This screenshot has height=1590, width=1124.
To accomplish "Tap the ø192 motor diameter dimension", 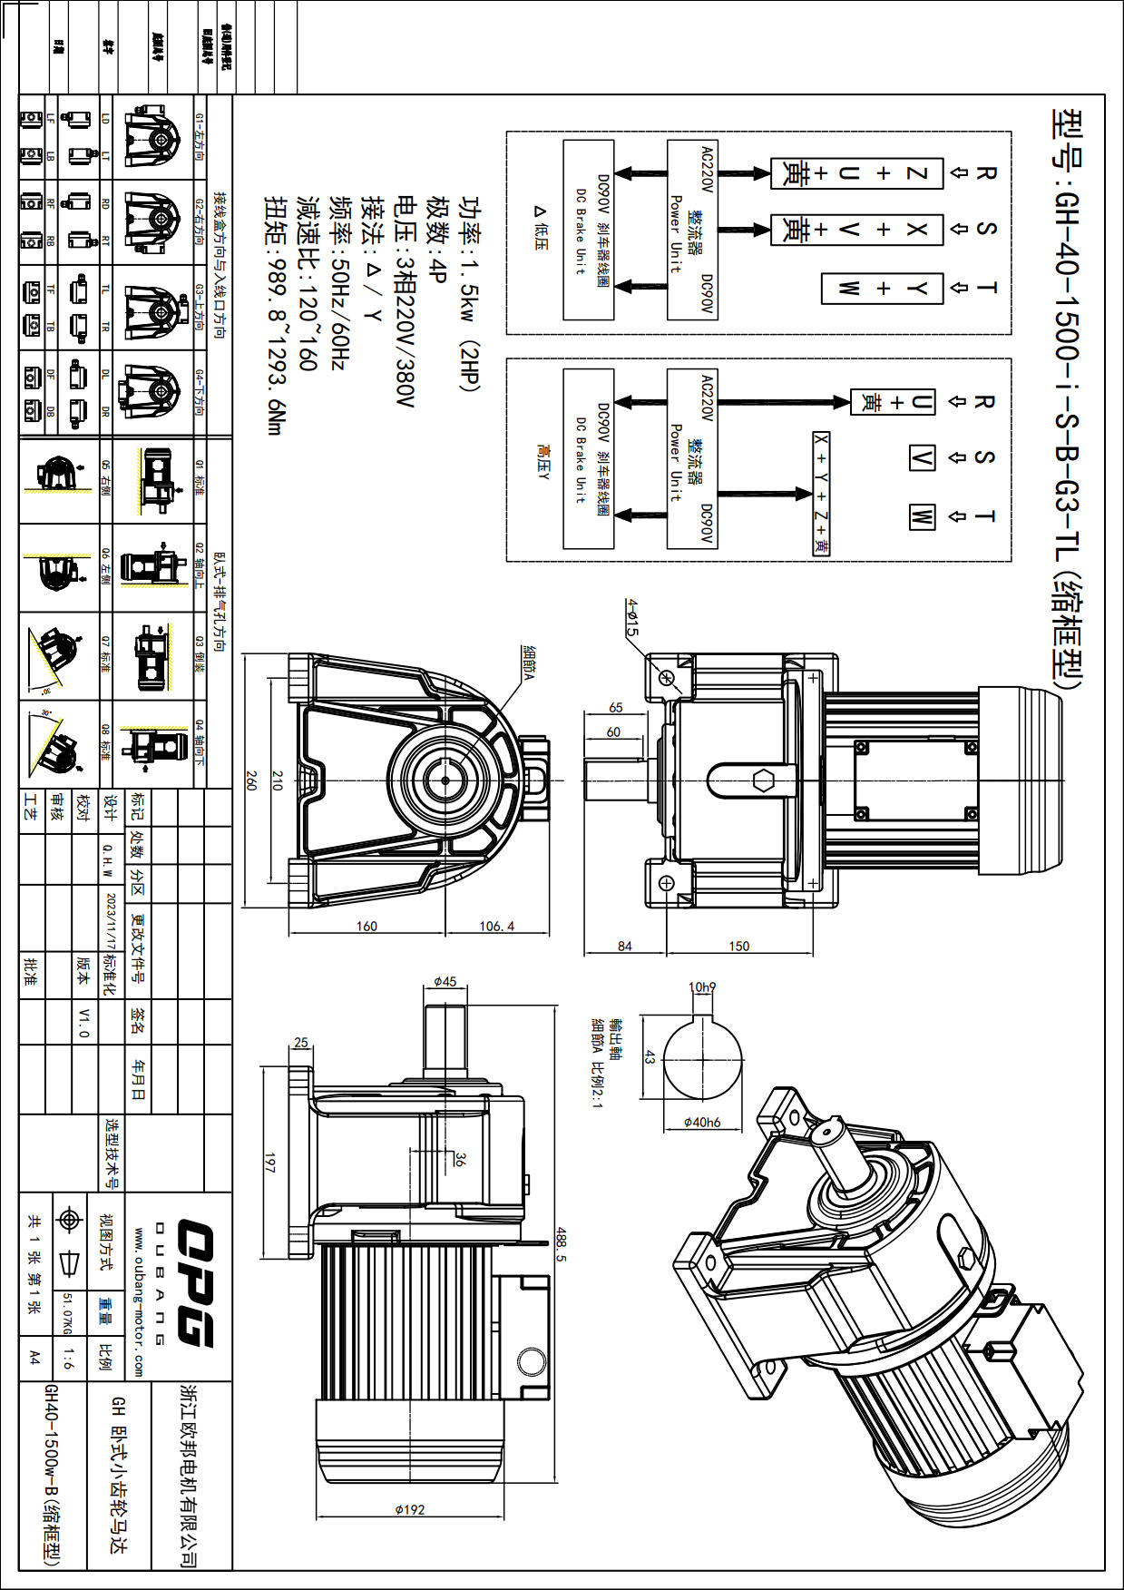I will click(410, 1510).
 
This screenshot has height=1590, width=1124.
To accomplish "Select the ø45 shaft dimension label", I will click(445, 982).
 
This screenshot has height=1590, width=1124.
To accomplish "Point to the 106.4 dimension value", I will click(497, 926).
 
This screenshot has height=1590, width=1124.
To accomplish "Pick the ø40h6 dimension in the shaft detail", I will click(702, 1123).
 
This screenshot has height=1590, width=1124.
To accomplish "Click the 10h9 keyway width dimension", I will click(702, 987).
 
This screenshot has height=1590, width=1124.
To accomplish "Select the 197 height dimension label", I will click(269, 1163).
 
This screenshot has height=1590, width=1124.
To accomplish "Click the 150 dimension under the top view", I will click(739, 946).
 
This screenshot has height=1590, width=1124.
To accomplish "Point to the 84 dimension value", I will click(625, 946).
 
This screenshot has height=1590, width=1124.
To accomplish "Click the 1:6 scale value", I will click(69, 1359).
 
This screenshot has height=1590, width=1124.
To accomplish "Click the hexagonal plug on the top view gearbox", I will click(761, 779).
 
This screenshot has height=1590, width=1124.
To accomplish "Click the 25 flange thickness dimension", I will click(301, 1043).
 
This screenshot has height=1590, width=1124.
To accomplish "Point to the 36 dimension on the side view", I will click(460, 1159).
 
